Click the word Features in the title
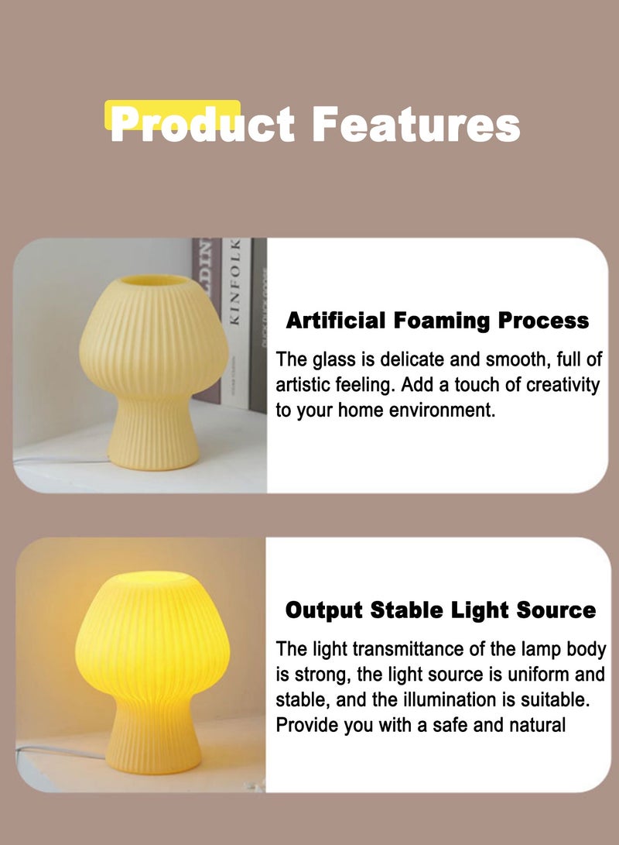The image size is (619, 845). [416, 125]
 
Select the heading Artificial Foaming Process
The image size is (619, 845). [437, 320]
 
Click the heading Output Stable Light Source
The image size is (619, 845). [440, 610]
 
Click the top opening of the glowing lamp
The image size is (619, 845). [152, 580]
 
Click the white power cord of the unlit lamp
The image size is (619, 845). [60, 459]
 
